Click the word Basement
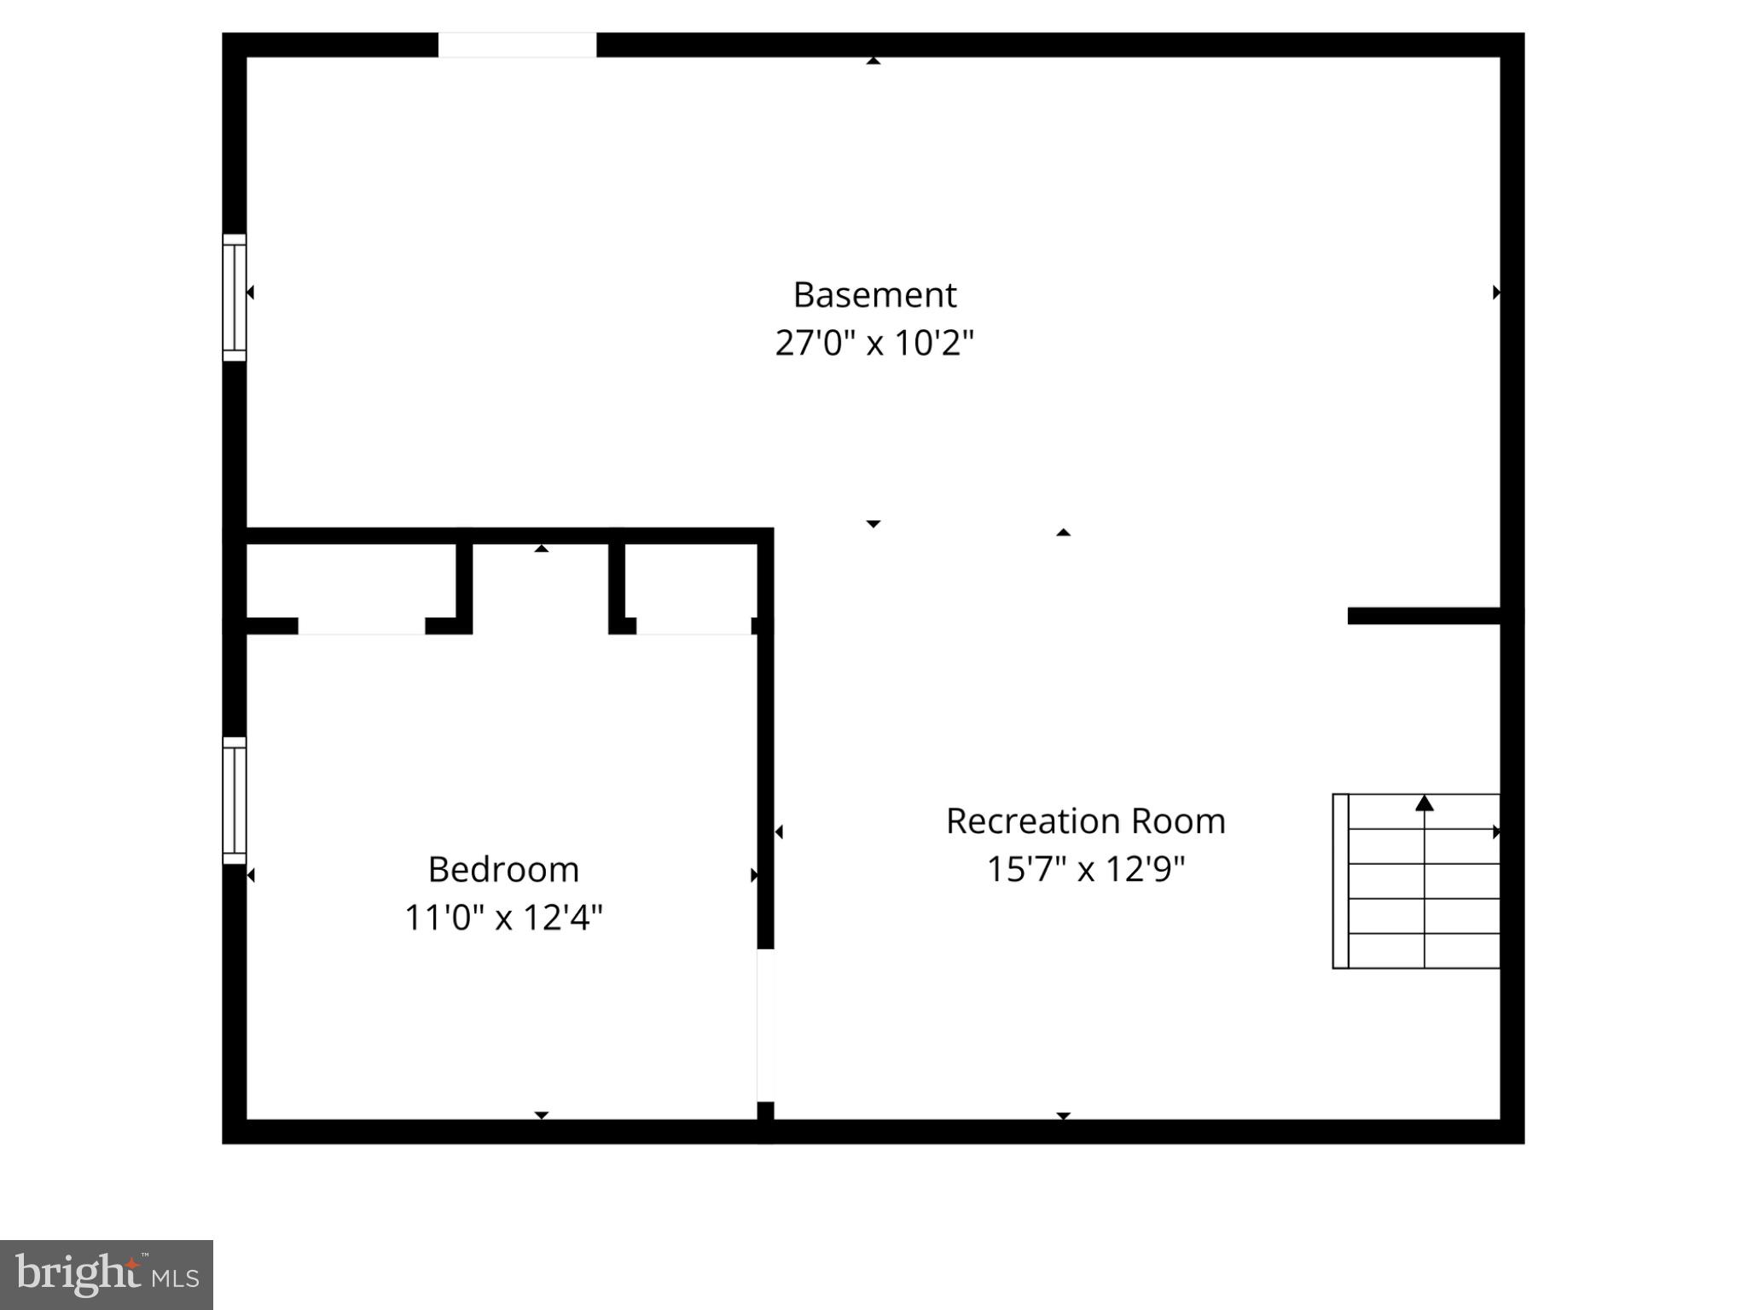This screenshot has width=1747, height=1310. (874, 295)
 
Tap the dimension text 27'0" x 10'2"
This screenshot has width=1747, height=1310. (874, 343)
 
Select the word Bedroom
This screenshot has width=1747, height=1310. (503, 870)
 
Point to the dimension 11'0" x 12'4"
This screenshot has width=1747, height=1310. (503, 918)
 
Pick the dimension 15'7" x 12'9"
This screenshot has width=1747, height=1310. (1086, 869)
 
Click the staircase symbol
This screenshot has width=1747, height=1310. (1416, 881)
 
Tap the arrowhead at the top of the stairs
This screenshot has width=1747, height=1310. (1425, 803)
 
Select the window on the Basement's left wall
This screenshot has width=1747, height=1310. (235, 298)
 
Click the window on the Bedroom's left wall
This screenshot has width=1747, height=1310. (235, 801)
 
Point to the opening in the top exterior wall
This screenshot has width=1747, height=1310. (517, 45)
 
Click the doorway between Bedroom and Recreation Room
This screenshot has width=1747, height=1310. (765, 1025)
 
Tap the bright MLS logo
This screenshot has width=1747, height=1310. (107, 1275)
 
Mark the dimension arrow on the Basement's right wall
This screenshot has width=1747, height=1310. (1496, 293)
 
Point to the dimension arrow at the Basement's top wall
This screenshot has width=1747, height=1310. (873, 61)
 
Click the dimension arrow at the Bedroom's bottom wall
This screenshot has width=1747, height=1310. (541, 1115)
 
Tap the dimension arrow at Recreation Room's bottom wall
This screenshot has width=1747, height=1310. (1063, 1115)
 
